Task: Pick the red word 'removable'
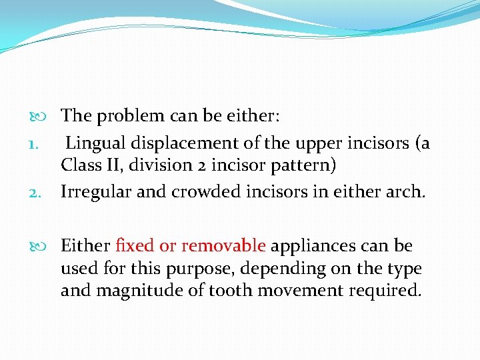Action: point(223,246)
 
